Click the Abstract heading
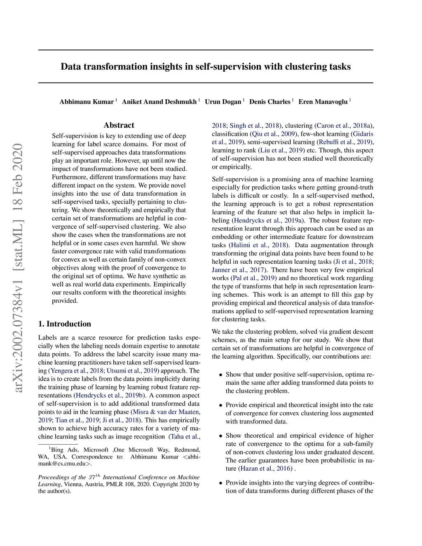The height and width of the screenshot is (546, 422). coord(119,125)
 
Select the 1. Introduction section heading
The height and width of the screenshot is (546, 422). coord(65,324)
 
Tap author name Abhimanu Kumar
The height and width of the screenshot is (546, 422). coord(87,102)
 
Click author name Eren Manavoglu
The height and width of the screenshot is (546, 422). coord(323,102)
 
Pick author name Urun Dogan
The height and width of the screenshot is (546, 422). coord(223,102)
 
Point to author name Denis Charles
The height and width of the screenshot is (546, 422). coord(270,102)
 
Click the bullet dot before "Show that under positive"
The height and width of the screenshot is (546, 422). coord(221,375)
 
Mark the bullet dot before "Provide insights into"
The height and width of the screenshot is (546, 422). coord(221,483)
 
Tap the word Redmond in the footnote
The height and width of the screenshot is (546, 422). coord(186,450)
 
